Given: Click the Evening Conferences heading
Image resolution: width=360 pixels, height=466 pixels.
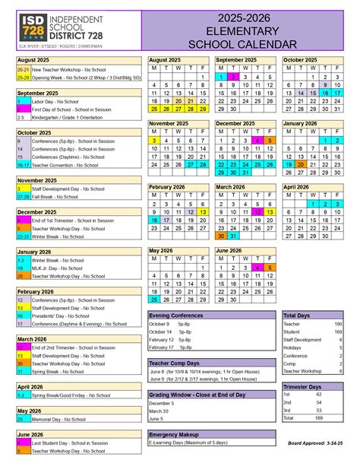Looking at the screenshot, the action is pos(176,315).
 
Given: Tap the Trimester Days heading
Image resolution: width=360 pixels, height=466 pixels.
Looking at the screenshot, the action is pos(303,386).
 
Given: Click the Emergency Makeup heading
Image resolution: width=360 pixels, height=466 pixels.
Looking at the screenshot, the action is pos(174,434).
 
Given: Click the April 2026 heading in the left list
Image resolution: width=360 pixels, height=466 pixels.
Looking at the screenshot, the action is pos(31,387).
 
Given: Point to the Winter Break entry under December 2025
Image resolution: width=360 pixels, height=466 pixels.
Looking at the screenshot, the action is pos(58,236).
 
